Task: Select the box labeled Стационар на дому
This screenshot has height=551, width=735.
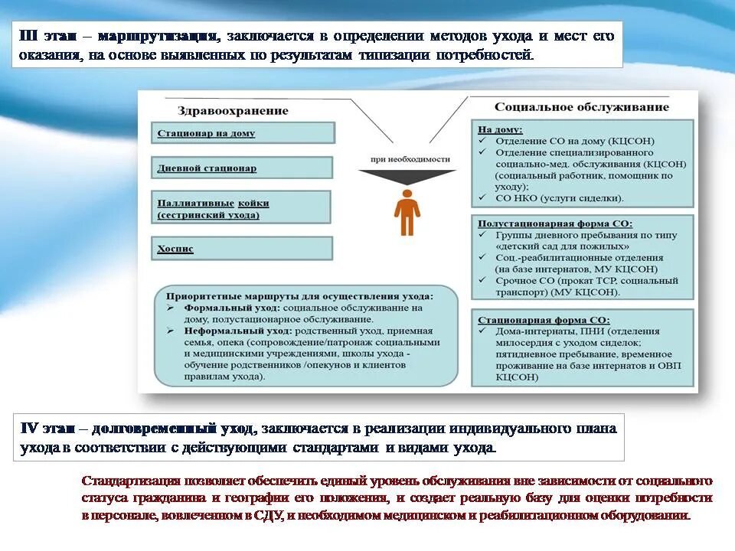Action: [x=243, y=133]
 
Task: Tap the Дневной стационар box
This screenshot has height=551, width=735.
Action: [x=242, y=168]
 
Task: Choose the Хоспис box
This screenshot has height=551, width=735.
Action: [x=242, y=249]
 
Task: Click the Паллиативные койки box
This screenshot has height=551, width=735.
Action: [x=241, y=208]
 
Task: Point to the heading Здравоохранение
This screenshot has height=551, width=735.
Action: [x=233, y=110]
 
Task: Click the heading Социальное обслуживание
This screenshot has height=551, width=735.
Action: [x=581, y=107]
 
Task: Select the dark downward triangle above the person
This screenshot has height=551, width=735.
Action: [x=407, y=178]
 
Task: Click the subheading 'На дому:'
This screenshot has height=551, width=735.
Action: [x=500, y=130]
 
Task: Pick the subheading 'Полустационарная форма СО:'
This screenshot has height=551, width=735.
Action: [x=555, y=224]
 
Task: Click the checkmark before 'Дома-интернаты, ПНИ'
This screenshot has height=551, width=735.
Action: [x=482, y=331]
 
